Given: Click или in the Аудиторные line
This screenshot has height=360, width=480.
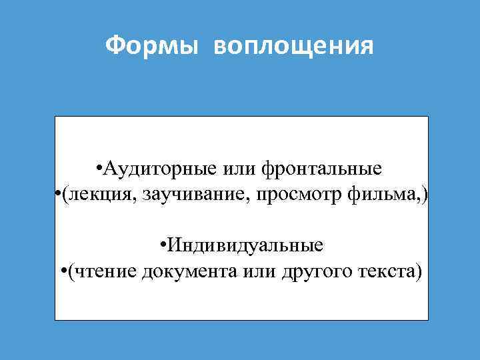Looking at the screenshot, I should [x=241, y=169].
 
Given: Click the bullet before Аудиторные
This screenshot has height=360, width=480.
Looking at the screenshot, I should [x=99, y=169].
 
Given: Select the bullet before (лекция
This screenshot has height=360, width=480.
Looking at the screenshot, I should [x=58, y=195].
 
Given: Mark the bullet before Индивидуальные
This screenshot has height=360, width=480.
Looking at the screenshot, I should [x=164, y=246].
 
